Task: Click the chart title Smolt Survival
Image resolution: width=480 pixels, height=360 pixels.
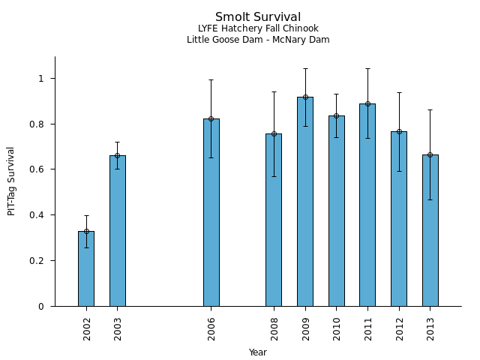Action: [x=258, y=17]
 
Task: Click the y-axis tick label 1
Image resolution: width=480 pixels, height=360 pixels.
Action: [x=42, y=79]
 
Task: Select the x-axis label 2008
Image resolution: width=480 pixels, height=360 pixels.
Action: [x=274, y=328]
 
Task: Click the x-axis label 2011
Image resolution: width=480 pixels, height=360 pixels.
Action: [x=367, y=328]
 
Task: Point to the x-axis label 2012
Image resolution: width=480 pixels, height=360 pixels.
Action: [x=399, y=328]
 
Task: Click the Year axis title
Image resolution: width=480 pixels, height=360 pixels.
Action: [x=258, y=352]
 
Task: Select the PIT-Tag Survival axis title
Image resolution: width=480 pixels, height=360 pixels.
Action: [x=11, y=181]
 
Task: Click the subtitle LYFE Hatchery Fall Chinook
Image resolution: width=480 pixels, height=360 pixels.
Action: [x=258, y=29]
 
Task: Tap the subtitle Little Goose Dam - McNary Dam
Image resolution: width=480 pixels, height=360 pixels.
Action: [x=258, y=40]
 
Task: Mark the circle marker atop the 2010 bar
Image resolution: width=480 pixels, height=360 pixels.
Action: [x=336, y=115]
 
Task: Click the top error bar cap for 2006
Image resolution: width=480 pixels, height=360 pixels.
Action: [x=211, y=79]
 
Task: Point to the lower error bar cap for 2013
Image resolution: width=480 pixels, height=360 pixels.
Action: [x=430, y=199]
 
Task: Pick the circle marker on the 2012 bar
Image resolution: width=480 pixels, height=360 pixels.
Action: [x=399, y=131]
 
